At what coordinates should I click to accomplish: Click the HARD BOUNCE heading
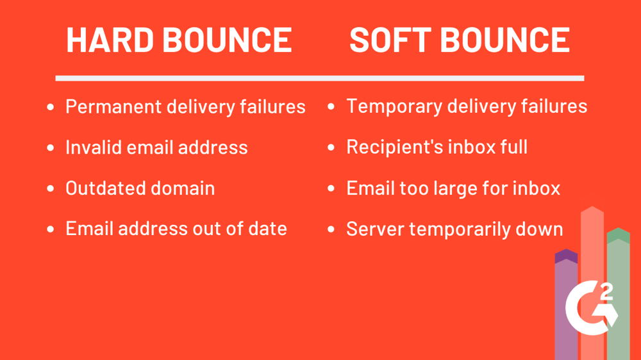click(179, 40)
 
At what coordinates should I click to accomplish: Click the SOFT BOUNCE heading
click(460, 40)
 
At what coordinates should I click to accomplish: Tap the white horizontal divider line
click(319, 78)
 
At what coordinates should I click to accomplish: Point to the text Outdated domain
click(140, 188)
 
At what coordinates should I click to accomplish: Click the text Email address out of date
click(176, 229)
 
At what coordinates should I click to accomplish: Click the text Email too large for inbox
click(453, 188)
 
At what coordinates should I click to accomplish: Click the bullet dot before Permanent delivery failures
click(51, 108)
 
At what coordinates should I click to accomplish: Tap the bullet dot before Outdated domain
click(51, 190)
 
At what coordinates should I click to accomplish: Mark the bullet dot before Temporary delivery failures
click(331, 108)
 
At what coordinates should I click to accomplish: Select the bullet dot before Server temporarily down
click(331, 230)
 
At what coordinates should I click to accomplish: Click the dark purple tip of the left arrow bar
click(566, 256)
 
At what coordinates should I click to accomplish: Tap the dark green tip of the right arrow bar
click(618, 235)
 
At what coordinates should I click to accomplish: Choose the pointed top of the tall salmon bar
click(592, 211)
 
